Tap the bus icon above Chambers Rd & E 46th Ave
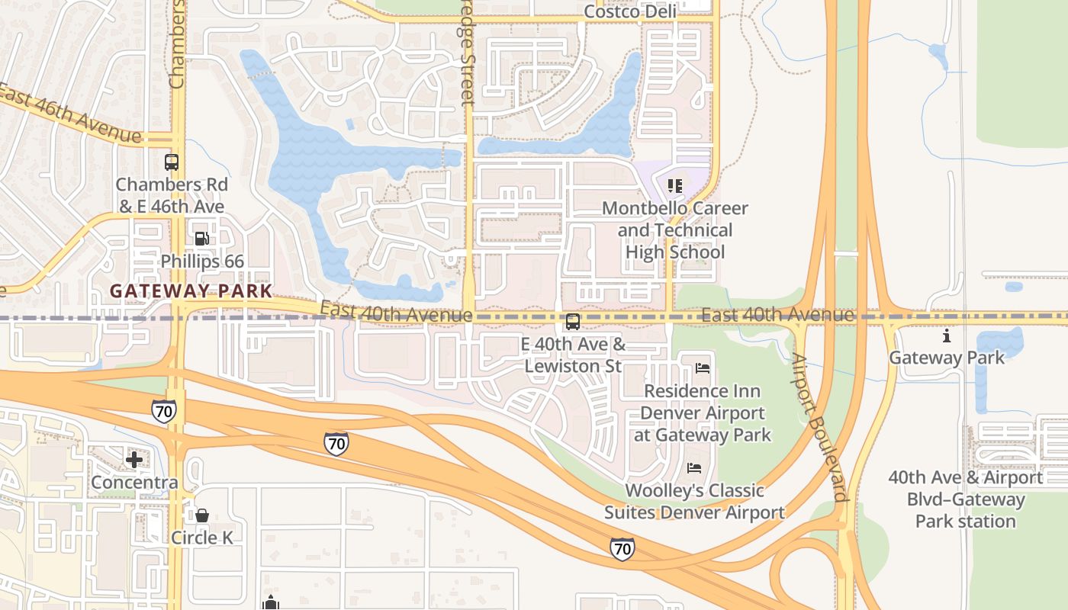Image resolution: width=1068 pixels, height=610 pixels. (x=172, y=162)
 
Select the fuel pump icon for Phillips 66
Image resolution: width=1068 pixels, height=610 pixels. (x=201, y=239)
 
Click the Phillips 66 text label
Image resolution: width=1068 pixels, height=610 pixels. (x=202, y=262)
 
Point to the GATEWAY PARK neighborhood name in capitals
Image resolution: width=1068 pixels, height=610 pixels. (x=191, y=291)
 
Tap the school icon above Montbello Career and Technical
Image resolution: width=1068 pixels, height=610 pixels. (x=674, y=185)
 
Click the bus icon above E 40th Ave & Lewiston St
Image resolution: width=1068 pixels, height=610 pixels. (x=573, y=322)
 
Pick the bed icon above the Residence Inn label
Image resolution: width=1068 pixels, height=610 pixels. (x=703, y=368)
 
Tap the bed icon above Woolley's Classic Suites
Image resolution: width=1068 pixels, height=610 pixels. (x=693, y=467)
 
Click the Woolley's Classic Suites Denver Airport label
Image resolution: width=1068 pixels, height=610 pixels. (x=694, y=501)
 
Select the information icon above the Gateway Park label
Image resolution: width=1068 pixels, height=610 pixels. (x=947, y=335)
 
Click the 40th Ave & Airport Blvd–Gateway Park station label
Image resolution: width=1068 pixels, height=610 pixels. (x=965, y=499)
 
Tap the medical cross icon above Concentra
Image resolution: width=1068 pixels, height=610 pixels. (x=134, y=459)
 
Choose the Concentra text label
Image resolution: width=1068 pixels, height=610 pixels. (x=134, y=483)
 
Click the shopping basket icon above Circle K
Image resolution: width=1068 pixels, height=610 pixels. (x=202, y=515)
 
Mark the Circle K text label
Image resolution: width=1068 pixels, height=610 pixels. (x=201, y=538)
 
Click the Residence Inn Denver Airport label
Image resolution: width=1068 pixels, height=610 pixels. (x=702, y=413)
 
